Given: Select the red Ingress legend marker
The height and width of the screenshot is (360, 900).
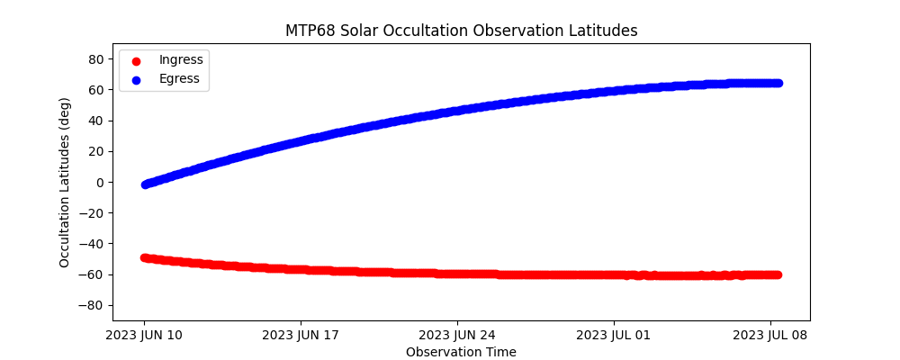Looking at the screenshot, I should click(x=136, y=60).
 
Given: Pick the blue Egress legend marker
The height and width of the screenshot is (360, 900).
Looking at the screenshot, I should click(x=136, y=79).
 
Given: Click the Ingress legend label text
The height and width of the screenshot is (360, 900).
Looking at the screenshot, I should click(x=181, y=60).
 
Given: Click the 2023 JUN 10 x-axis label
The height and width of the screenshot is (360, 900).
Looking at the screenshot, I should click(x=144, y=336).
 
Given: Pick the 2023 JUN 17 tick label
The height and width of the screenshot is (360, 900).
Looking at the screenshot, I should click(x=301, y=336).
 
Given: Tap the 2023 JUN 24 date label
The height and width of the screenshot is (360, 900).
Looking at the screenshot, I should click(x=457, y=336).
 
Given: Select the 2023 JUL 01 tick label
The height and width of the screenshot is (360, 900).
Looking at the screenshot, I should click(x=614, y=336).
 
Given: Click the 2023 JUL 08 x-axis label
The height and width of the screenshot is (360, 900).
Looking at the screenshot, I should click(x=770, y=336).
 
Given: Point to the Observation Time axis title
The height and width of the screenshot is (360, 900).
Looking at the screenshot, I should click(x=461, y=352).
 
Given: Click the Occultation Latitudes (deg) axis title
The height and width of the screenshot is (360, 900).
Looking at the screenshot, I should click(x=65, y=182).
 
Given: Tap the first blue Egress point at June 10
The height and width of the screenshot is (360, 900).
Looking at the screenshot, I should click(x=145, y=184).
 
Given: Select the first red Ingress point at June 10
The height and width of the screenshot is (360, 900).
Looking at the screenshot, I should click(x=145, y=257).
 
